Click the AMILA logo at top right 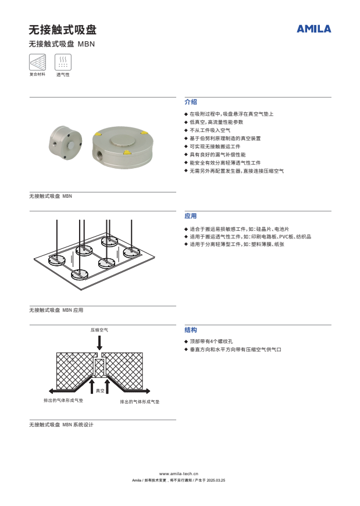(x=313, y=28)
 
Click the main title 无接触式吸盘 (x=62, y=30)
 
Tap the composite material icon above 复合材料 (x=37, y=62)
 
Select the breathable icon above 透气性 (x=62, y=62)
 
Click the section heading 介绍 (x=191, y=101)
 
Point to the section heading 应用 (x=191, y=216)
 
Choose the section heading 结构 (x=191, y=330)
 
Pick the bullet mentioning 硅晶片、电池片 (x=239, y=229)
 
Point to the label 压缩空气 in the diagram (x=99, y=330)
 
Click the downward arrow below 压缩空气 (x=99, y=343)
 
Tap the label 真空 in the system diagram (x=100, y=390)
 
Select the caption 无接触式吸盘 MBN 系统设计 (x=61, y=425)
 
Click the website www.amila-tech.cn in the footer (x=179, y=474)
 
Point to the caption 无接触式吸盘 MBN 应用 (x=56, y=311)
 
